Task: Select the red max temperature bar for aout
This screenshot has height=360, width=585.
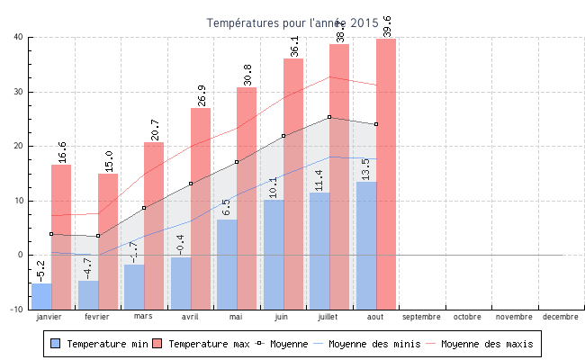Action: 386,171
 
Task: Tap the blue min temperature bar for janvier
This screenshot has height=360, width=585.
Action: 41,296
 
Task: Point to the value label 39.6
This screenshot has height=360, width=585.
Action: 388,26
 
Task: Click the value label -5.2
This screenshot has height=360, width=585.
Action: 40,270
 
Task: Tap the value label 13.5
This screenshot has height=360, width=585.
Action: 364,169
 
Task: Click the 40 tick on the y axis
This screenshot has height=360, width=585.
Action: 18,37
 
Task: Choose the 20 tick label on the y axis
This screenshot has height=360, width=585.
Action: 18,146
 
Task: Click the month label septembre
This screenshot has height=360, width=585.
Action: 421,317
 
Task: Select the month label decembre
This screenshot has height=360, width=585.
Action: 561,317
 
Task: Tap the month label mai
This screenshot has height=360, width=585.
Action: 236,317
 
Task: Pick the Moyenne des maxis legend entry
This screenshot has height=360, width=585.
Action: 486,344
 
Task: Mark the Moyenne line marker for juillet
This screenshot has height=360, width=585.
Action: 329,117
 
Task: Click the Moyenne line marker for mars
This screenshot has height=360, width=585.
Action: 144,208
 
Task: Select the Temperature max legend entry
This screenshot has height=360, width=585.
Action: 202,344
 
